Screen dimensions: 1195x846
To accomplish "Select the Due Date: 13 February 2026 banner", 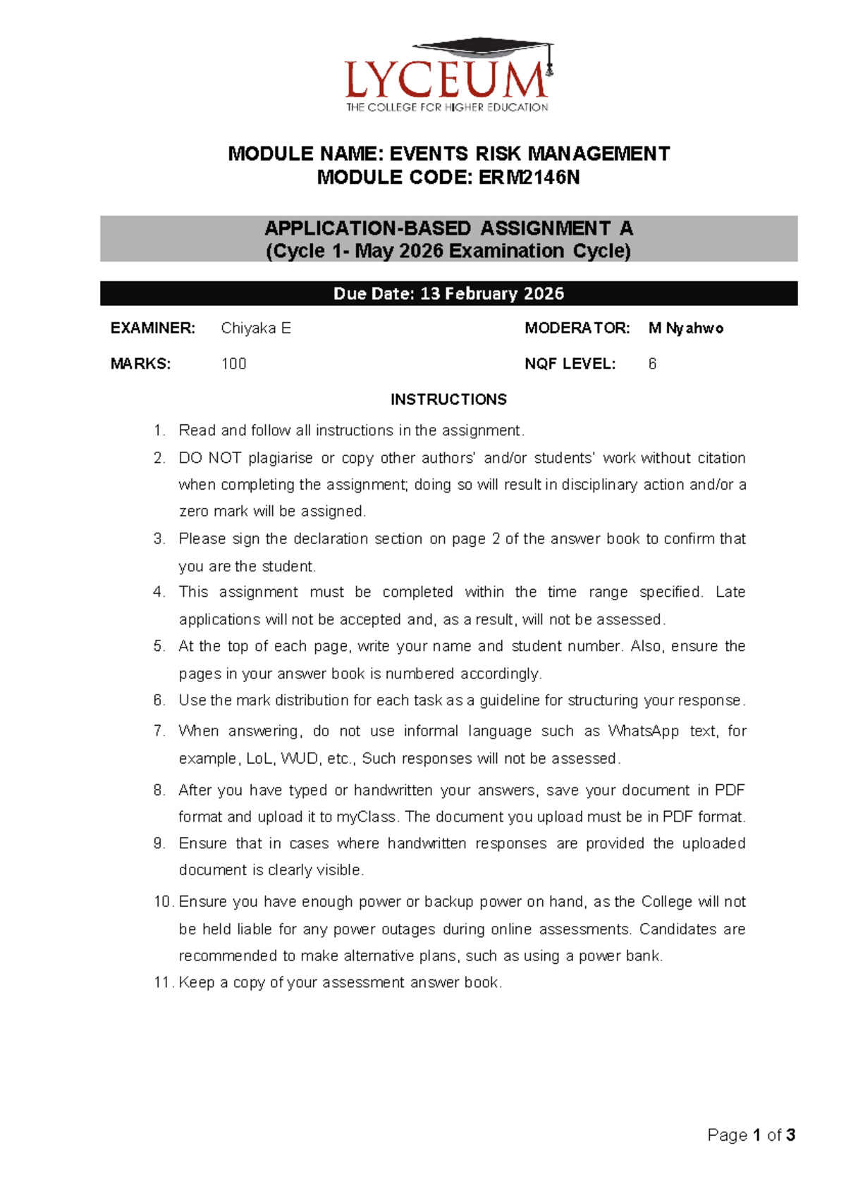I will pyautogui.click(x=448, y=294).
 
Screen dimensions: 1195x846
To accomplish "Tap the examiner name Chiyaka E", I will pyautogui.click(x=256, y=328).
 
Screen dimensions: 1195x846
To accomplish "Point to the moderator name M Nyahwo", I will pyautogui.click(x=685, y=328).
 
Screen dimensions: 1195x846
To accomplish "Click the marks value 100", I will pyautogui.click(x=234, y=364).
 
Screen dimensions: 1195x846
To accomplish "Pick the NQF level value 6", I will pyautogui.click(x=652, y=364).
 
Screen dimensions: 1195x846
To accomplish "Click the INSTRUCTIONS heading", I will pyautogui.click(x=448, y=400).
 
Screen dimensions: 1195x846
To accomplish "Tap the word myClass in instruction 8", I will pyautogui.click(x=366, y=817).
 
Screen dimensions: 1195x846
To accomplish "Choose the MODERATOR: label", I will pyautogui.click(x=577, y=328).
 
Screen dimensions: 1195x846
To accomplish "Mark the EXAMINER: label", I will pyautogui.click(x=152, y=328).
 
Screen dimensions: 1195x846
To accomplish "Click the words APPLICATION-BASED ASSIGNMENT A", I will pyautogui.click(x=448, y=228).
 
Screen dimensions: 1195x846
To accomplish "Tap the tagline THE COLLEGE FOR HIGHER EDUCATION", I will pyautogui.click(x=447, y=108).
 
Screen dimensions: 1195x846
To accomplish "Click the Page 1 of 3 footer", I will pyautogui.click(x=751, y=1135).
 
